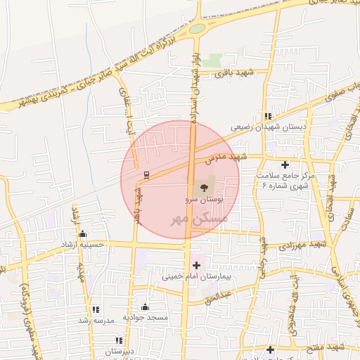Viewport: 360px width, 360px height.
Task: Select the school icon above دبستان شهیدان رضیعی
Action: pyautogui.click(x=268, y=116)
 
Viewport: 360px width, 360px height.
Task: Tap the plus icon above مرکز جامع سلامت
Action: pyautogui.click(x=284, y=165)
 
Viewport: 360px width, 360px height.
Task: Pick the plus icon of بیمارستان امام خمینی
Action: pyautogui.click(x=196, y=265)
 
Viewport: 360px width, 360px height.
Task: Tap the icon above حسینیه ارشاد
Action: pyautogui.click(x=83, y=234)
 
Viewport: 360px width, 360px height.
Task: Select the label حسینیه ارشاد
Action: pyautogui.click(x=82, y=245)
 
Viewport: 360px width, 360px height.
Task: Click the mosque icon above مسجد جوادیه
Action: pyautogui.click(x=145, y=307)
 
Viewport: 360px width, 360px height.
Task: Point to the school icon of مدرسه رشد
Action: pyautogui.click(x=96, y=309)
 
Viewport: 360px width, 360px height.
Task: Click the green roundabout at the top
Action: pyautogui.click(x=197, y=29)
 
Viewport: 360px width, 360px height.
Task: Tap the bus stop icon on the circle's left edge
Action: pyautogui.click(x=146, y=174)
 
